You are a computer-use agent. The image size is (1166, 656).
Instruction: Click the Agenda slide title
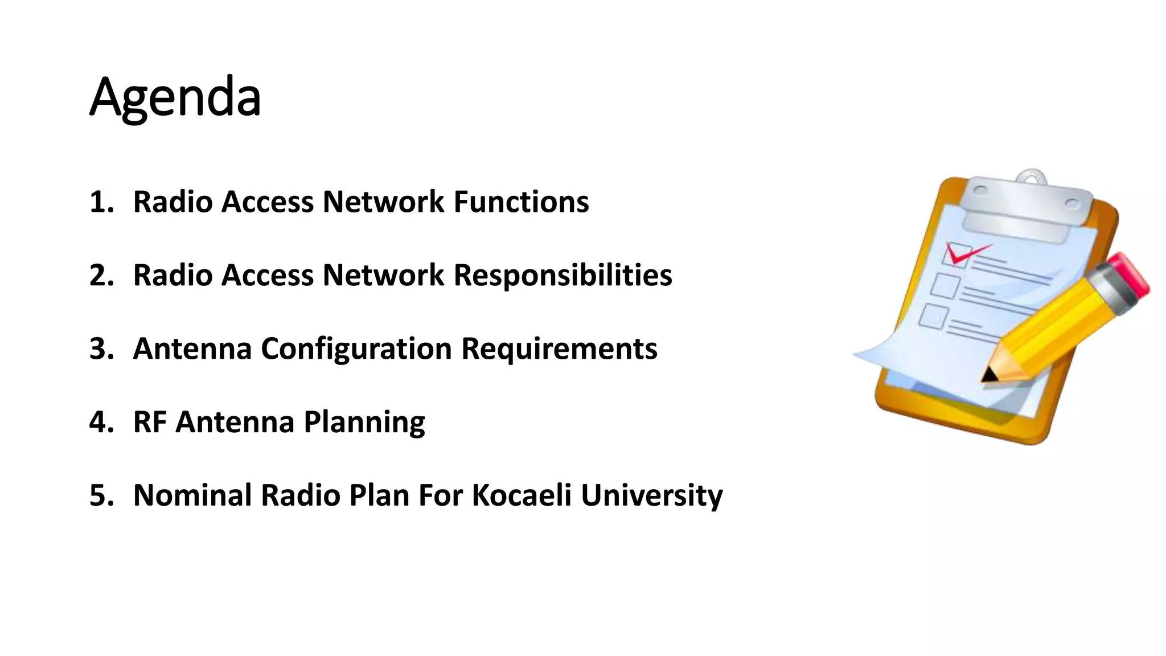click(x=175, y=97)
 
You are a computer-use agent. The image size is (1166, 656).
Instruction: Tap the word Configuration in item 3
click(x=356, y=349)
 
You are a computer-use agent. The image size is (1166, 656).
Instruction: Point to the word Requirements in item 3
click(x=559, y=349)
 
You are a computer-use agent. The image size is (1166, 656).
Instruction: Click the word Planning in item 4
click(x=364, y=423)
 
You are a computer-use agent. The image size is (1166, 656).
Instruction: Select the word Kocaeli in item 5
click(x=522, y=495)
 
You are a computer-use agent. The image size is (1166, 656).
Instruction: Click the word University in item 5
click(x=651, y=495)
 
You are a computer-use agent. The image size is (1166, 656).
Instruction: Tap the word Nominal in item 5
click(x=192, y=495)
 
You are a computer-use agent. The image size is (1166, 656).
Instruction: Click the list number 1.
click(x=101, y=202)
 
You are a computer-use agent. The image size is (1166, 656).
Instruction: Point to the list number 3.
click(x=101, y=349)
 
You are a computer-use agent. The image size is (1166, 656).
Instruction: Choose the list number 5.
click(x=101, y=495)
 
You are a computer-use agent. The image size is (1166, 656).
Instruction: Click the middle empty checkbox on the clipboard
click(x=945, y=286)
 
